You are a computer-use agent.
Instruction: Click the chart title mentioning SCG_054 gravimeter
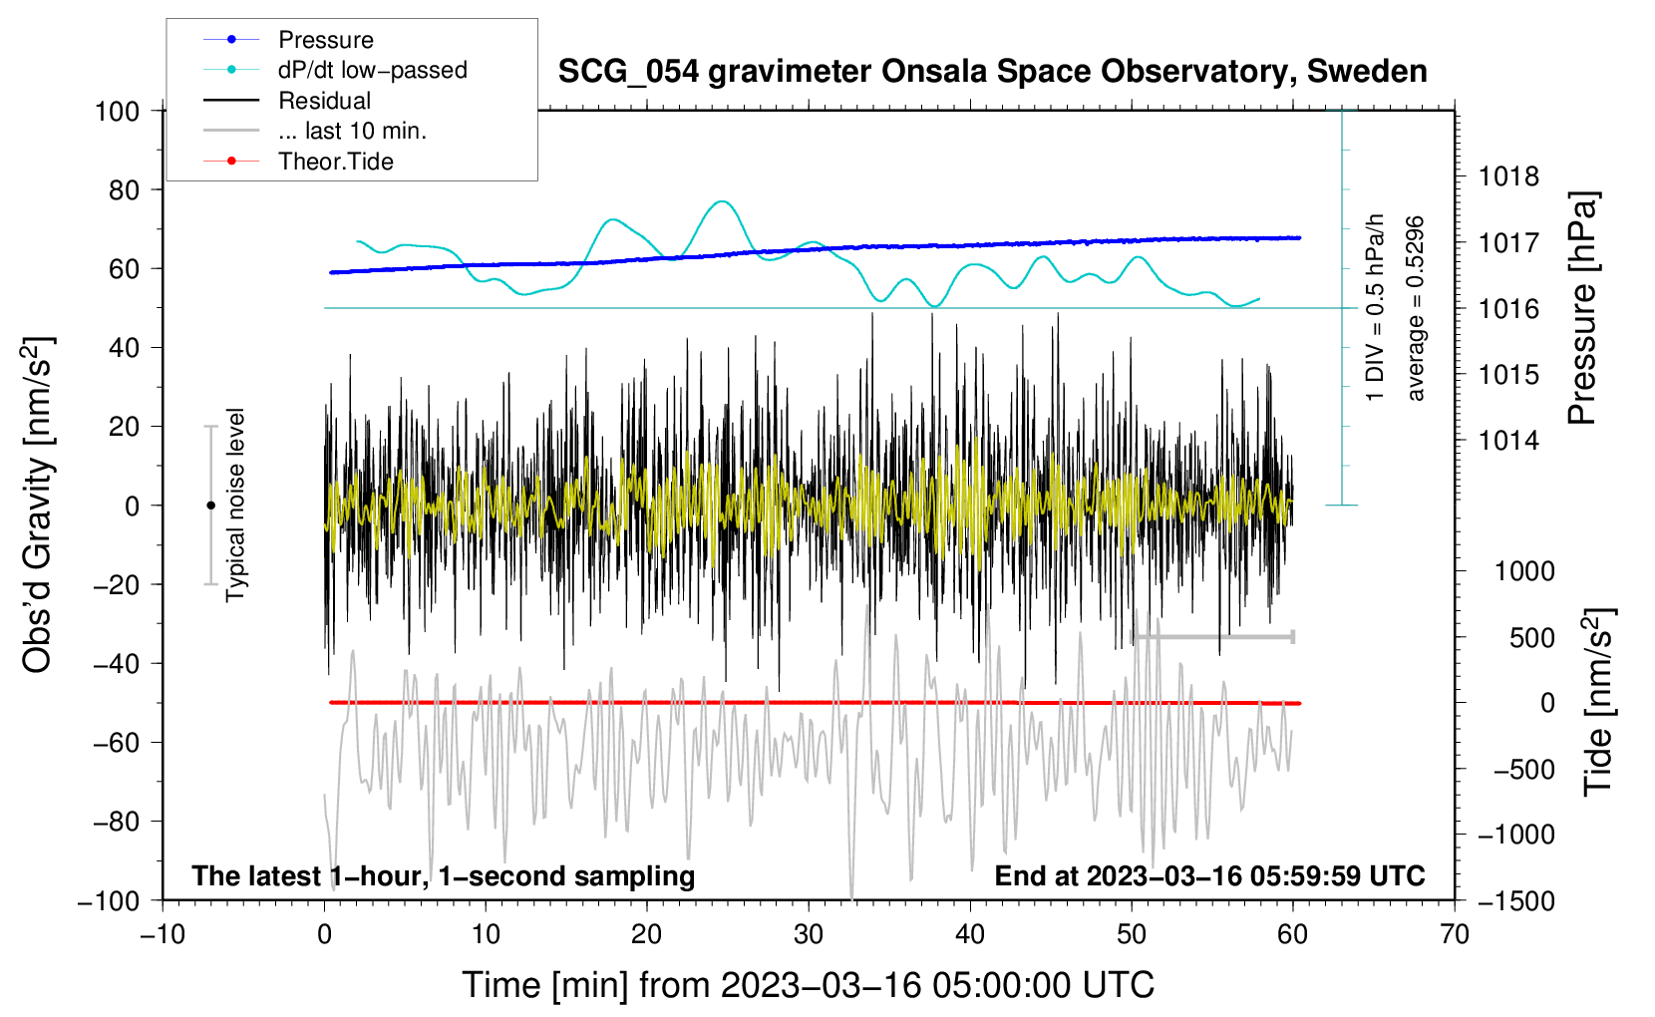click(x=992, y=72)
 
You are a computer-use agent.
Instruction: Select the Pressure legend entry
click(x=288, y=39)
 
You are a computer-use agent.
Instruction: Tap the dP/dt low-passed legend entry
click(x=335, y=70)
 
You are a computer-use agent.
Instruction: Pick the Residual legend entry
click(x=287, y=100)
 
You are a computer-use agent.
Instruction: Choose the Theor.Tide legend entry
click(x=298, y=161)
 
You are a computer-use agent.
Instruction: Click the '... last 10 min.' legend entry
click(x=315, y=130)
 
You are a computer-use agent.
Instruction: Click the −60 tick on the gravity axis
click(x=116, y=742)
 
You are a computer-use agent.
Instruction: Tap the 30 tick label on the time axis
click(x=809, y=934)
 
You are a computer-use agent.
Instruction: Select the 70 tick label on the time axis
click(x=1454, y=934)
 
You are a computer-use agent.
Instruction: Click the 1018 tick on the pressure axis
click(x=1508, y=176)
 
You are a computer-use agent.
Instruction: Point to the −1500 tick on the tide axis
click(x=1516, y=901)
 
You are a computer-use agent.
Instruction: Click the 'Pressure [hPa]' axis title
click(x=1582, y=308)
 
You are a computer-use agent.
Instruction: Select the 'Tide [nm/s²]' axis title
click(x=1598, y=703)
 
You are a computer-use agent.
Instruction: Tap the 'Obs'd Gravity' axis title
click(x=36, y=505)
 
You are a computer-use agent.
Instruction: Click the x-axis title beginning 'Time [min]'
click(x=809, y=985)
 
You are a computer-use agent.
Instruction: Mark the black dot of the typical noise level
click(x=210, y=506)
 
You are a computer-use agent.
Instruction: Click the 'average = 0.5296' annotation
click(x=1414, y=309)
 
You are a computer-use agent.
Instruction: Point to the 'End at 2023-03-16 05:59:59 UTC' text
click(x=1209, y=875)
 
